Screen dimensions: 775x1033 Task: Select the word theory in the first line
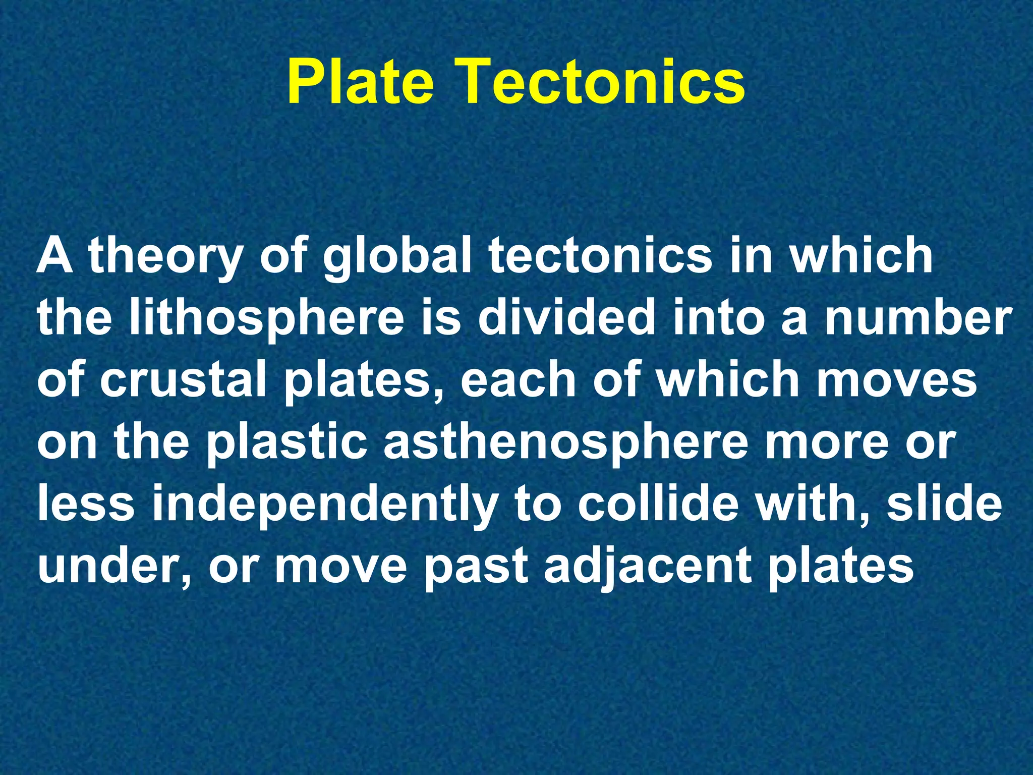165,257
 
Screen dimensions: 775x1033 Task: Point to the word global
397,257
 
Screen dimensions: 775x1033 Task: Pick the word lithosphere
267,320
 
